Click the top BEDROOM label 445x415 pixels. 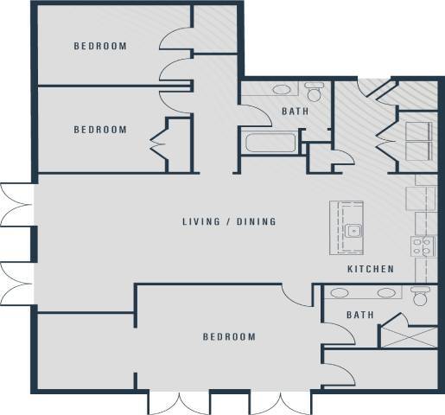[100, 47]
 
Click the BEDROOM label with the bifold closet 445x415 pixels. [100, 130]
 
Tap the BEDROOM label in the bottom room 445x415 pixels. [230, 337]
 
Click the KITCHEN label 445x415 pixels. [371, 270]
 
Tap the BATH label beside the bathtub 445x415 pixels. [296, 112]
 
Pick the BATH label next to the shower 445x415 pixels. [360, 316]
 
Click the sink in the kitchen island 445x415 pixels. [353, 231]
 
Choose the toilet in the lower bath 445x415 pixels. [421, 297]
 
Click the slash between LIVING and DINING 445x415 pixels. [228, 221]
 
